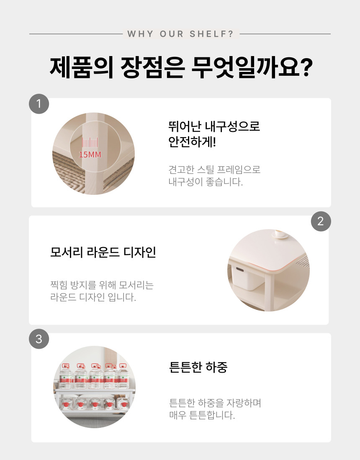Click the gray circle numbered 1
tap(39, 104)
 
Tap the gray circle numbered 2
tap(321, 221)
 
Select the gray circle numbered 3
tap(39, 339)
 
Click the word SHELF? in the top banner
tap(211, 34)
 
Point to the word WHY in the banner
tap(140, 34)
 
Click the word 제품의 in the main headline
tap(82, 68)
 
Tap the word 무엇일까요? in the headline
tap(252, 68)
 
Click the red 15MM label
tap(90, 155)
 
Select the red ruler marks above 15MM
tap(90, 143)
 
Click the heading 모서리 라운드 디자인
tap(103, 252)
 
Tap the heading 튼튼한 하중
tap(198, 367)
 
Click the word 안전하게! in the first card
tap(192, 142)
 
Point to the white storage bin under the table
tap(246, 278)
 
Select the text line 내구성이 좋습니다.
tap(206, 182)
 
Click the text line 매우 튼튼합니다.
tap(202, 415)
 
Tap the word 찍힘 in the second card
tap(59, 285)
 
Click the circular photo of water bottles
tap(94, 387)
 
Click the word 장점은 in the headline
tap(152, 68)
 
